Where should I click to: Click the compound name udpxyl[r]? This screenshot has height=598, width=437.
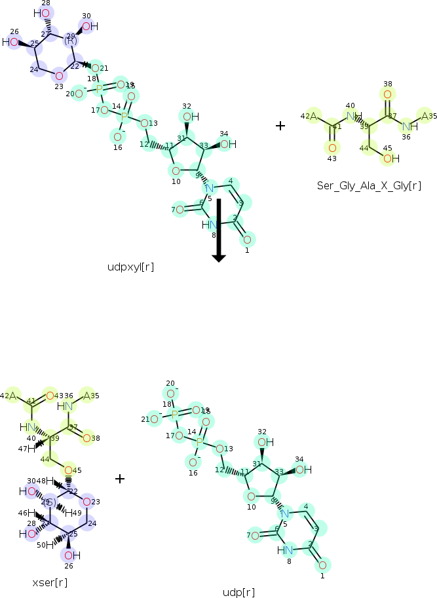[x=131, y=267]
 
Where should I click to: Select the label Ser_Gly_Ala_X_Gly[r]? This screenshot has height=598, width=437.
[x=369, y=186]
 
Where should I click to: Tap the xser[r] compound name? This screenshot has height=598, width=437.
[x=50, y=582]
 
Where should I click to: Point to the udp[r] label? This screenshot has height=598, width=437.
[x=238, y=592]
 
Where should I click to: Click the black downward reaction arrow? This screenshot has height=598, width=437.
[x=219, y=229]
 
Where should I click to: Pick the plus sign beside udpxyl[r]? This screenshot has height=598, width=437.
[x=280, y=125]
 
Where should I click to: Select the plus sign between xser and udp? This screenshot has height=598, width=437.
[x=120, y=479]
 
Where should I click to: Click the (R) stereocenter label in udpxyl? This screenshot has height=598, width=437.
[x=71, y=41]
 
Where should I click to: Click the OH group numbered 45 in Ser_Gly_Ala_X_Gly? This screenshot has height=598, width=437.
[x=388, y=158]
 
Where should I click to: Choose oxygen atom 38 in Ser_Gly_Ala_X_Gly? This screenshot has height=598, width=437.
[x=387, y=95]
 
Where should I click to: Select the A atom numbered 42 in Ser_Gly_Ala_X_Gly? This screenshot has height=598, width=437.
[x=313, y=117]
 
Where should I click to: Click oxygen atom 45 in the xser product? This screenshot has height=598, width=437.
[x=69, y=470]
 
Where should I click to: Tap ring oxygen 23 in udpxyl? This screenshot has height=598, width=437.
[x=59, y=76]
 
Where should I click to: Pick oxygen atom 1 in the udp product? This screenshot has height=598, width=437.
[x=322, y=565]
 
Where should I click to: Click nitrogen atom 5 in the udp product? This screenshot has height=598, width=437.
[x=284, y=514]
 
